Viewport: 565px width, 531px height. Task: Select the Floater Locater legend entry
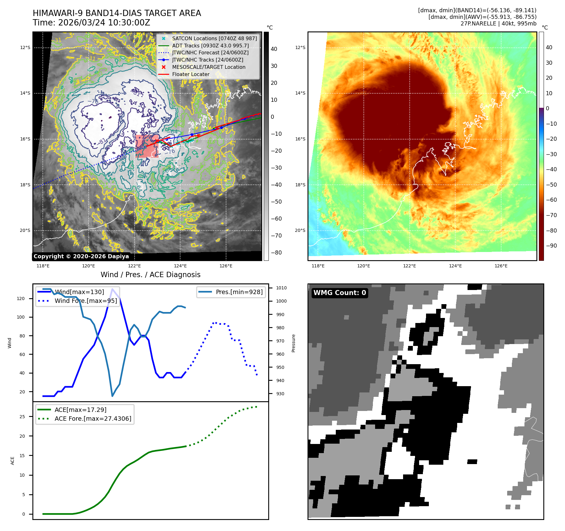(191, 74)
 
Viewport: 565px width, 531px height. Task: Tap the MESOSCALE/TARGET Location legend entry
(208, 67)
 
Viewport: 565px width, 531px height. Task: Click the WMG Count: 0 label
(340, 293)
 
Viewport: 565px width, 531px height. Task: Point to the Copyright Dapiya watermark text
(81, 256)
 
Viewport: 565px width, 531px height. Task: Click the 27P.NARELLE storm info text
(498, 24)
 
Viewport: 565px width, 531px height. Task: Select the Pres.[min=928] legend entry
(239, 292)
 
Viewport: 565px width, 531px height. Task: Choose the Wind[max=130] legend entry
(79, 292)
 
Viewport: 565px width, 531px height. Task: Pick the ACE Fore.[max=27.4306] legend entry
(93, 419)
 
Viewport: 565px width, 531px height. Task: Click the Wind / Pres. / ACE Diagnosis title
(150, 275)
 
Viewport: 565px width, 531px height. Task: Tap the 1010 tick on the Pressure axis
(281, 288)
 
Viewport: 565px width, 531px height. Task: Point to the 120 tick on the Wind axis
(21, 298)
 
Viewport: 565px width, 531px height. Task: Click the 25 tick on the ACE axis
(22, 417)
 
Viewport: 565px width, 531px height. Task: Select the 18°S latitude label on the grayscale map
(25, 185)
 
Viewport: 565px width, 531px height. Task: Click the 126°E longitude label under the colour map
(501, 266)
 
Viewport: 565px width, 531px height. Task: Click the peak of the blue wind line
(112, 289)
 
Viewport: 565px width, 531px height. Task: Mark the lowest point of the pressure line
(112, 396)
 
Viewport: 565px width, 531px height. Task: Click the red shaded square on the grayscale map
(147, 146)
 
